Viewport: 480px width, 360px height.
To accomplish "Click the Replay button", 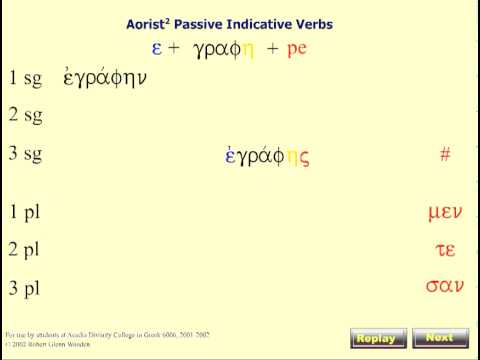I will (x=379, y=338).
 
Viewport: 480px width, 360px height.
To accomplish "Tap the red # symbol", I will (x=445, y=155).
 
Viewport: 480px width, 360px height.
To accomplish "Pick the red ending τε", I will (x=445, y=250).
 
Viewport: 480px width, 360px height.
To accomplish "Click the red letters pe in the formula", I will (x=296, y=48).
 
